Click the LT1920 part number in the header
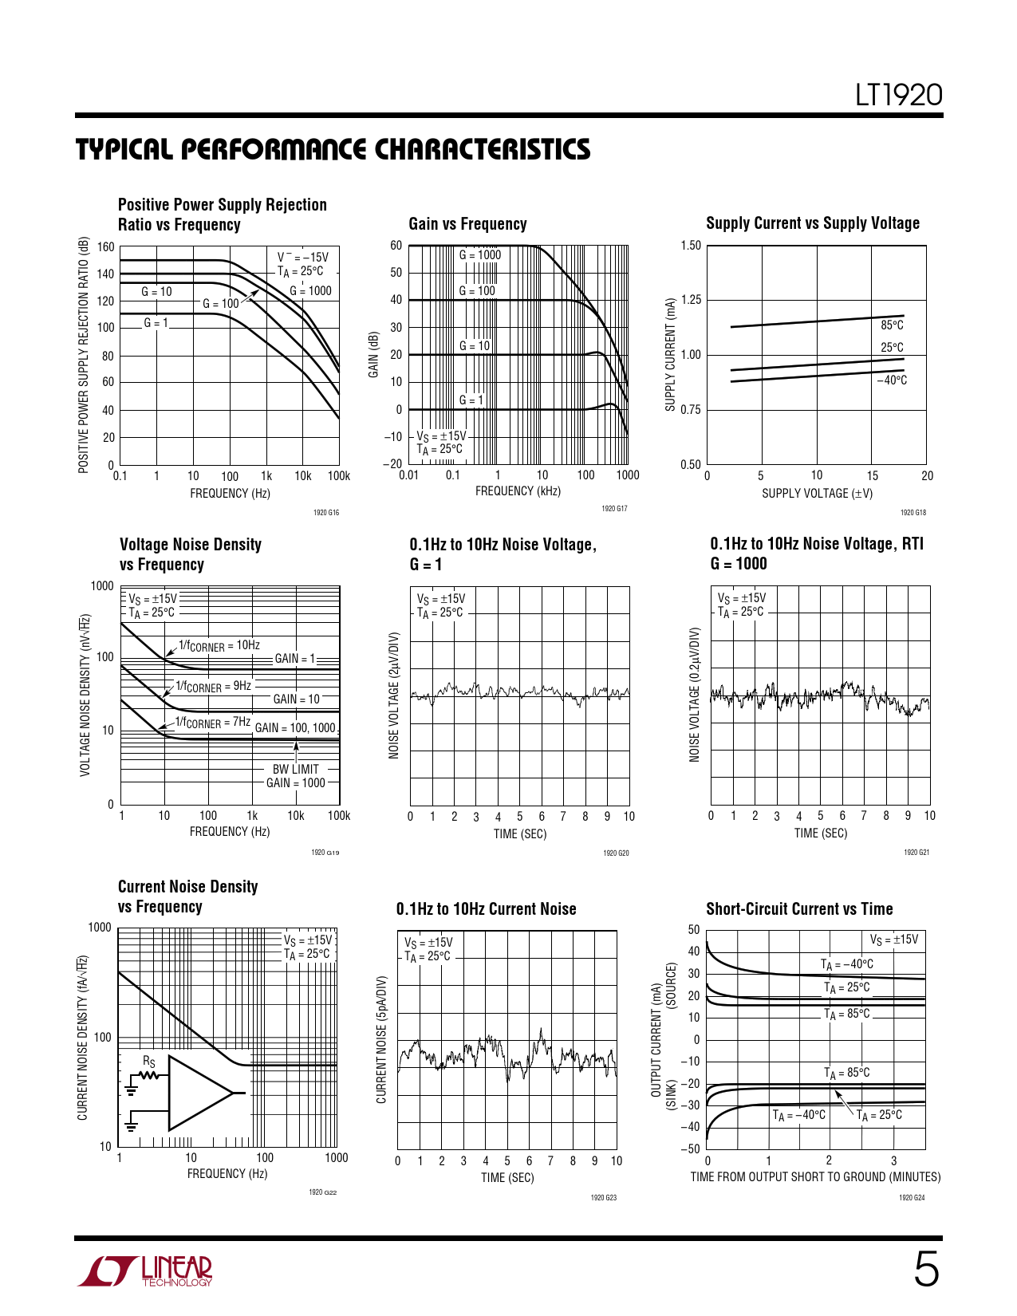[898, 96]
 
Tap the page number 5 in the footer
[925, 1270]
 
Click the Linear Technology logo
[145, 1271]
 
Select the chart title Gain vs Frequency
[467, 224]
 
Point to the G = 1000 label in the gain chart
[480, 255]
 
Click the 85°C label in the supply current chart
[892, 325]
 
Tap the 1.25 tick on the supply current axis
[691, 300]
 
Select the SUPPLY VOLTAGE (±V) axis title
[817, 494]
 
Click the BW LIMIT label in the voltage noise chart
[295, 770]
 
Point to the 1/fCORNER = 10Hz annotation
[219, 645]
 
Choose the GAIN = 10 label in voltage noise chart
[296, 699]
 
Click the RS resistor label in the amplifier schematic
[149, 1062]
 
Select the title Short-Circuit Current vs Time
[799, 909]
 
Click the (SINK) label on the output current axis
[672, 1095]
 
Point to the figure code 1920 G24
[912, 1198]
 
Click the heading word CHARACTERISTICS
[483, 150]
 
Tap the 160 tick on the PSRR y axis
[106, 247]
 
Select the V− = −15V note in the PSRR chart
[302, 258]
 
